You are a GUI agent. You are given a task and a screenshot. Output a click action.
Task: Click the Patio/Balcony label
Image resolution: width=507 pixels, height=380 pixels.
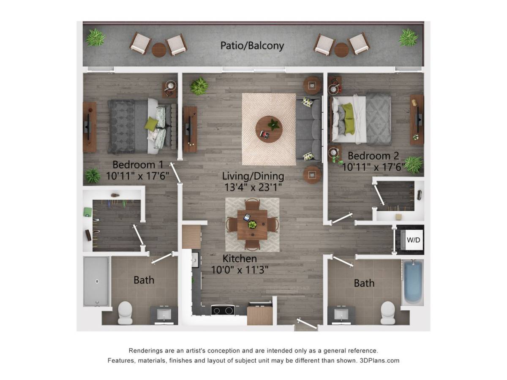(252, 46)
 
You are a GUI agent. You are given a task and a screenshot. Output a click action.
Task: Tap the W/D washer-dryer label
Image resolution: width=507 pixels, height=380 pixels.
(413, 240)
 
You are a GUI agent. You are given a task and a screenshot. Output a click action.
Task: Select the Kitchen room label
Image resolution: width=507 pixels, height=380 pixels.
(240, 259)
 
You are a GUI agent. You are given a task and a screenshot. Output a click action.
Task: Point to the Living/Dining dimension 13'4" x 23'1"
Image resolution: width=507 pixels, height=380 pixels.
(253, 187)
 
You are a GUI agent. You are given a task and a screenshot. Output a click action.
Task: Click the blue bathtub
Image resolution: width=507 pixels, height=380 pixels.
(413, 282)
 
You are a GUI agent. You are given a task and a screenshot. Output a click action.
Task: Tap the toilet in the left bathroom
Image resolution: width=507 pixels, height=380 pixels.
(125, 312)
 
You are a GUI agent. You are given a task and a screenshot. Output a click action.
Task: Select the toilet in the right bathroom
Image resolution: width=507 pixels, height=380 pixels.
(388, 312)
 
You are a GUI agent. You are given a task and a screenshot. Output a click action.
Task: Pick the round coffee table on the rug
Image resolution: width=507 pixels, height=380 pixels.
(269, 129)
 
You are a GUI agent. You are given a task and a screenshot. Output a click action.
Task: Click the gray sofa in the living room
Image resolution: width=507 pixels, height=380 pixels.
(309, 129)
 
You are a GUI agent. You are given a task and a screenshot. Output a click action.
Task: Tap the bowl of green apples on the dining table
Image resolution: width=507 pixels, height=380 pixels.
(252, 225)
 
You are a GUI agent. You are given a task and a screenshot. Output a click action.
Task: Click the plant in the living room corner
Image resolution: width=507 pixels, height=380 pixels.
(199, 86)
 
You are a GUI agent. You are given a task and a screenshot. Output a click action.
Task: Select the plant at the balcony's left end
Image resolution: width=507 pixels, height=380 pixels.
(95, 38)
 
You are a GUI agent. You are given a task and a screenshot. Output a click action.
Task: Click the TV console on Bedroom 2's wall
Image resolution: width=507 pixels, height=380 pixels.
(417, 120)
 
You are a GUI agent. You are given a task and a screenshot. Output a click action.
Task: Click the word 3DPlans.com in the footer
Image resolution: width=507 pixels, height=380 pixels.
(379, 361)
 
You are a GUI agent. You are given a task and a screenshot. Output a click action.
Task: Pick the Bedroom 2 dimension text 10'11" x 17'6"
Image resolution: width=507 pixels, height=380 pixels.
(373, 167)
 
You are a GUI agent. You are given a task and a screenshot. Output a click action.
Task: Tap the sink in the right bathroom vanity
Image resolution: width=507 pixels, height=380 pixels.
(341, 314)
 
